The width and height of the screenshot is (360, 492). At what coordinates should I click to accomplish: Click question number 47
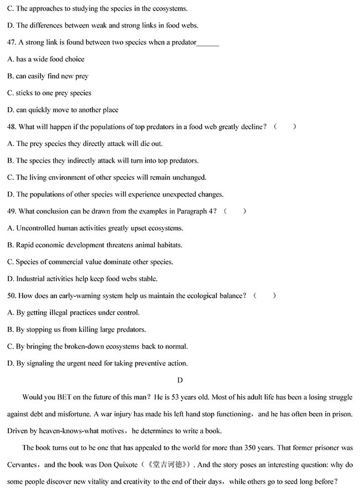tap(12, 43)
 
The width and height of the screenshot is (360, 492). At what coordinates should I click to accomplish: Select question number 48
tap(12, 127)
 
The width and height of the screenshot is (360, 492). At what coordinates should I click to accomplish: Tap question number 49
tap(12, 211)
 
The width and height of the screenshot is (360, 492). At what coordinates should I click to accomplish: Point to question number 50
tap(12, 296)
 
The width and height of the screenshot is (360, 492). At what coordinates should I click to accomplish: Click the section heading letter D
tap(179, 380)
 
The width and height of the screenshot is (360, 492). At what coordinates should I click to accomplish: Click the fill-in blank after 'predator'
tap(208, 43)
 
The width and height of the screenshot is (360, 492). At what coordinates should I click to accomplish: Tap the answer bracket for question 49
tap(235, 211)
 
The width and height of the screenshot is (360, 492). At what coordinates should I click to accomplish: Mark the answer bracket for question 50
tap(265, 296)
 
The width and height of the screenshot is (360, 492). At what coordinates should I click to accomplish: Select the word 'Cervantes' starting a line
tap(23, 464)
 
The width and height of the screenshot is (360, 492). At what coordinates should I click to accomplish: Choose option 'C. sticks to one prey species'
tap(49, 93)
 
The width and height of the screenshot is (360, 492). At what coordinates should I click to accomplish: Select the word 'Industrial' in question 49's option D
tap(32, 279)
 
